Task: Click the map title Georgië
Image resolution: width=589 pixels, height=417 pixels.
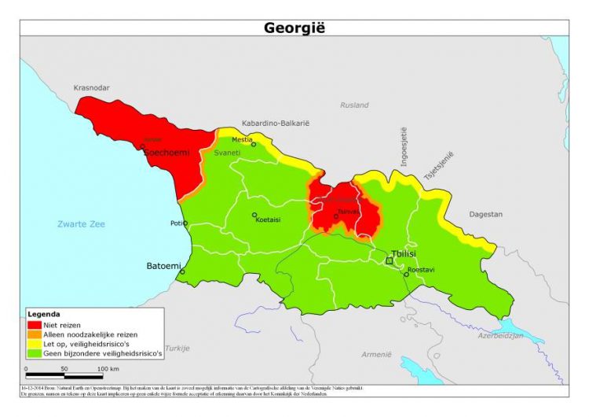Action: point(294,28)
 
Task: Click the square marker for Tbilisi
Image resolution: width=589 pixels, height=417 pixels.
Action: point(388,260)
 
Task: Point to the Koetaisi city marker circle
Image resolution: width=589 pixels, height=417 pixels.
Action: point(254,215)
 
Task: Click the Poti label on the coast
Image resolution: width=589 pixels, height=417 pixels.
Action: point(177,223)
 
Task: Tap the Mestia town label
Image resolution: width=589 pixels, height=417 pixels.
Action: point(242,139)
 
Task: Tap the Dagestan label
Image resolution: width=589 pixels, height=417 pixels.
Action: point(486,214)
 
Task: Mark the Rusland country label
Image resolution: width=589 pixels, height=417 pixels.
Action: point(354,105)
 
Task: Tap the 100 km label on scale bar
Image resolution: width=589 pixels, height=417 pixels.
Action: point(108,368)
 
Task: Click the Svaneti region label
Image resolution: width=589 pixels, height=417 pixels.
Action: point(228,153)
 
